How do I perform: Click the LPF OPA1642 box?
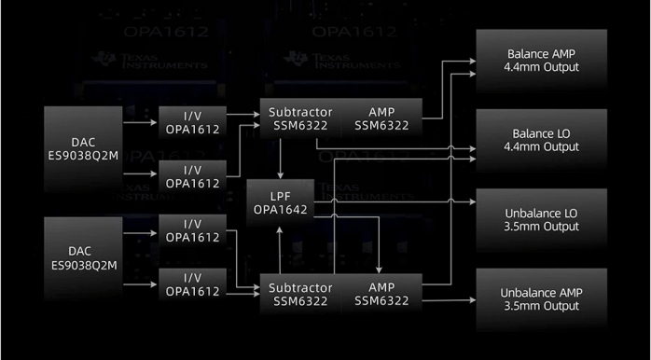(x=279, y=202)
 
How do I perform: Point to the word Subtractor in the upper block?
(x=296, y=111)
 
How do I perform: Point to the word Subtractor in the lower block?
(x=296, y=286)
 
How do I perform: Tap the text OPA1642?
(x=279, y=211)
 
